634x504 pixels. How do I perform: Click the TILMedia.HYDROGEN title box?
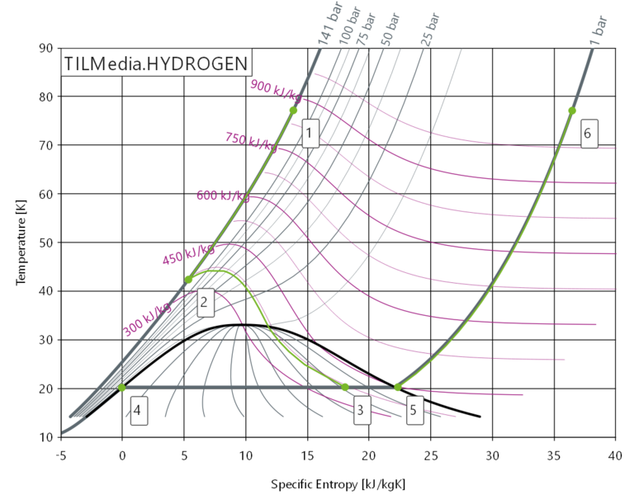(x=154, y=63)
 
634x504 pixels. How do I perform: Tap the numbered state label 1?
(x=310, y=132)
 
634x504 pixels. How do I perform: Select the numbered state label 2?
(x=204, y=303)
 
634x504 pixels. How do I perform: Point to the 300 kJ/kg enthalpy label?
(x=147, y=320)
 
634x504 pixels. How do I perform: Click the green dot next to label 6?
(x=571, y=111)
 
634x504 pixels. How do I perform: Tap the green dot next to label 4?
(x=122, y=388)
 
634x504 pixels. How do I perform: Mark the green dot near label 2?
(x=188, y=280)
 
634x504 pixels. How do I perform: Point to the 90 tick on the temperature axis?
(x=45, y=48)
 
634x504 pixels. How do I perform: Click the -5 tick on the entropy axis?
(x=60, y=454)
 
